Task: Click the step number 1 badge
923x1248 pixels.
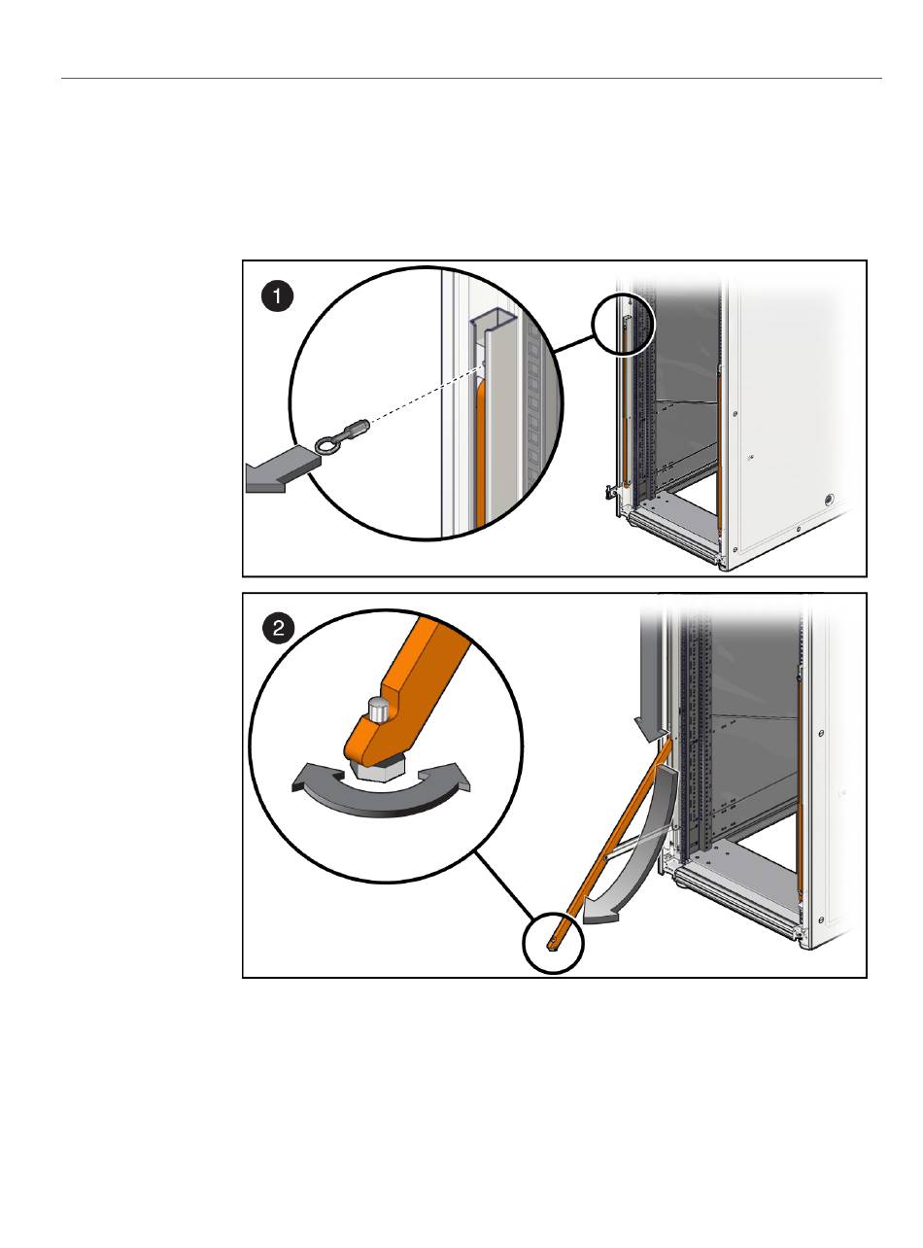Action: tap(277, 296)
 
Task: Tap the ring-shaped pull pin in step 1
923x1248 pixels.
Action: tap(328, 445)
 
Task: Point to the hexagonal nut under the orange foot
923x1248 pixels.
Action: tap(376, 769)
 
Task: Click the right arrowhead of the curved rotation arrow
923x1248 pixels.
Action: tap(452, 776)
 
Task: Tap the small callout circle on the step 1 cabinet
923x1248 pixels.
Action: tap(624, 324)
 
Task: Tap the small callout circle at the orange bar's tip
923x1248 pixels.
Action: tap(553, 943)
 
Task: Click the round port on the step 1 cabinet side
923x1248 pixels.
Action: tap(829, 499)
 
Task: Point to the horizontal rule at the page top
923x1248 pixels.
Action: tap(471, 78)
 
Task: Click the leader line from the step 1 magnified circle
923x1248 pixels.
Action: tap(574, 344)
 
